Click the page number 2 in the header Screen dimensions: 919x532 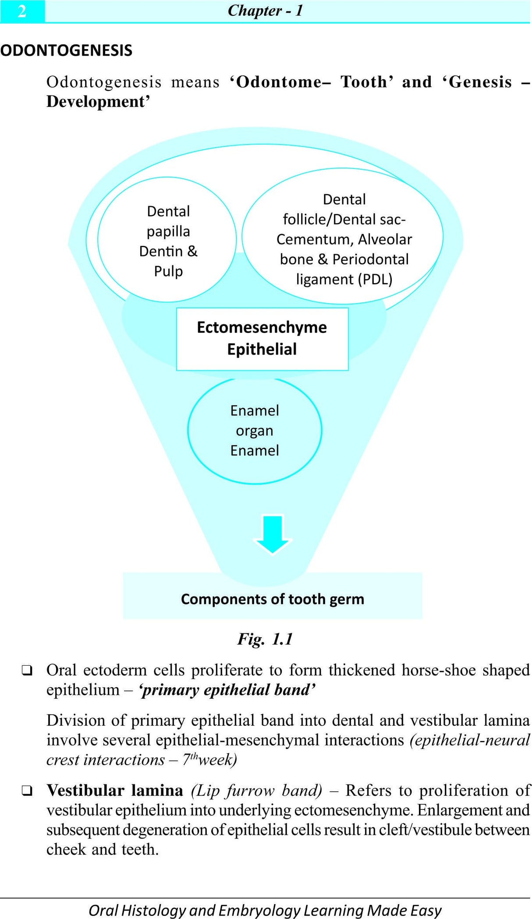[22, 11]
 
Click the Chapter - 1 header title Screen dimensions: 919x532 [265, 11]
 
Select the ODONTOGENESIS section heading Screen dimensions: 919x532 [66, 50]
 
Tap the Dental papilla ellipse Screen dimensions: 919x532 [167, 240]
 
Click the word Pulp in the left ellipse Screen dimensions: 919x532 [168, 271]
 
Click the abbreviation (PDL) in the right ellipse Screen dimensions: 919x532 [375, 279]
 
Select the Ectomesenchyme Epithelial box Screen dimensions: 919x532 [262, 339]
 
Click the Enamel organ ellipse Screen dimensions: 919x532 [255, 430]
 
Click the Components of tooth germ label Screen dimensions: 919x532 [272, 599]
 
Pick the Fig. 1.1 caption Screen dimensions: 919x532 [265, 639]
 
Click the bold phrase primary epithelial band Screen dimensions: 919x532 [227, 690]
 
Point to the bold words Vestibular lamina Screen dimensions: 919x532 [115, 790]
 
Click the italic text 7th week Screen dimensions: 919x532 [209, 759]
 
